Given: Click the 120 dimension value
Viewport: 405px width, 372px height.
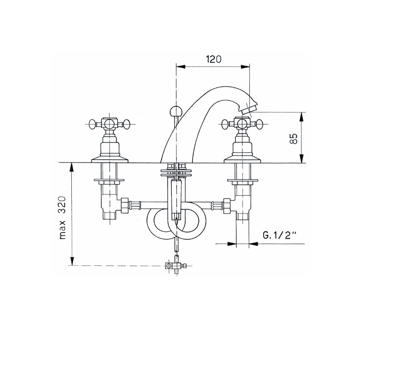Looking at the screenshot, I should point(213,59).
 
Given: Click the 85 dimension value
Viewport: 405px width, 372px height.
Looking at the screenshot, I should point(294,138).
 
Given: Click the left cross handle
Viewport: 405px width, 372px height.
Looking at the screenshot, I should point(109,124).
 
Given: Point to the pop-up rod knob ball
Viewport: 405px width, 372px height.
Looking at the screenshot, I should point(174,110).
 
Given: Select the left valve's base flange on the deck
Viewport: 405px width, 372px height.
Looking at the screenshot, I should point(110,160).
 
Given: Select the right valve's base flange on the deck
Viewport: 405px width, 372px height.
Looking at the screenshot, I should point(242,160).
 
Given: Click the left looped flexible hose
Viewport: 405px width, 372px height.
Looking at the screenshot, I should point(160,224).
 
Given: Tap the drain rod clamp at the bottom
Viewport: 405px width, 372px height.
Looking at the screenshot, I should point(175,266).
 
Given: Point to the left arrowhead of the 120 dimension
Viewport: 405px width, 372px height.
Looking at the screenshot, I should point(180,67).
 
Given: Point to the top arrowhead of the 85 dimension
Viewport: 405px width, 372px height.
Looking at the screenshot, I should point(302,116).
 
